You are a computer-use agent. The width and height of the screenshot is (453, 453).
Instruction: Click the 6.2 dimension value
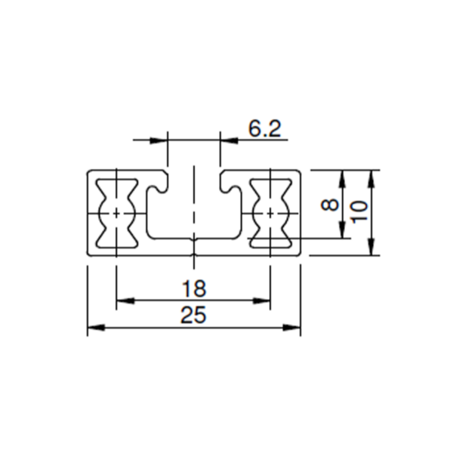point(265,129)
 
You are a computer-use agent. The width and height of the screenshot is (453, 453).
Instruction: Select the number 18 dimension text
point(194,288)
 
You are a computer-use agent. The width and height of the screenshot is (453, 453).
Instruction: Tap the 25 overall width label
point(193,315)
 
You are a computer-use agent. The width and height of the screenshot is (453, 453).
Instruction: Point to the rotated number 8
point(330,205)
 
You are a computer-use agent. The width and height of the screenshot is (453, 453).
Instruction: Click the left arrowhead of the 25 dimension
point(96,328)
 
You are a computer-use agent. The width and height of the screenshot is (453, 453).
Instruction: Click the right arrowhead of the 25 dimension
point(291,328)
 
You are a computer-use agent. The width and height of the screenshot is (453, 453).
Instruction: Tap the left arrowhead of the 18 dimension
point(125,300)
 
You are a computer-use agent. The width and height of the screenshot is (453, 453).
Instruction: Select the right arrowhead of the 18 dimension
point(262,300)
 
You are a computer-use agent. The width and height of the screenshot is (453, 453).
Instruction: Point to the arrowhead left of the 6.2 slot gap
point(159,140)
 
